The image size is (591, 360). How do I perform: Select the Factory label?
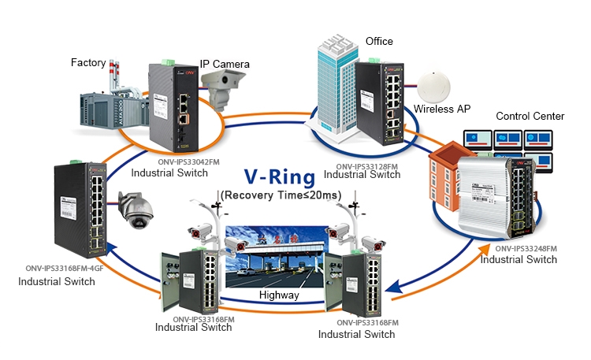point(88,62)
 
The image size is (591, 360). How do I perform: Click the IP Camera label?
point(225,64)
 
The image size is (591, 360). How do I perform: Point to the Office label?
point(379,41)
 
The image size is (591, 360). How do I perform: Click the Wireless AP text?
point(441,109)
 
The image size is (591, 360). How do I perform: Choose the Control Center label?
point(530,116)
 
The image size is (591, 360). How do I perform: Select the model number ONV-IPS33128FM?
point(368,166)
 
